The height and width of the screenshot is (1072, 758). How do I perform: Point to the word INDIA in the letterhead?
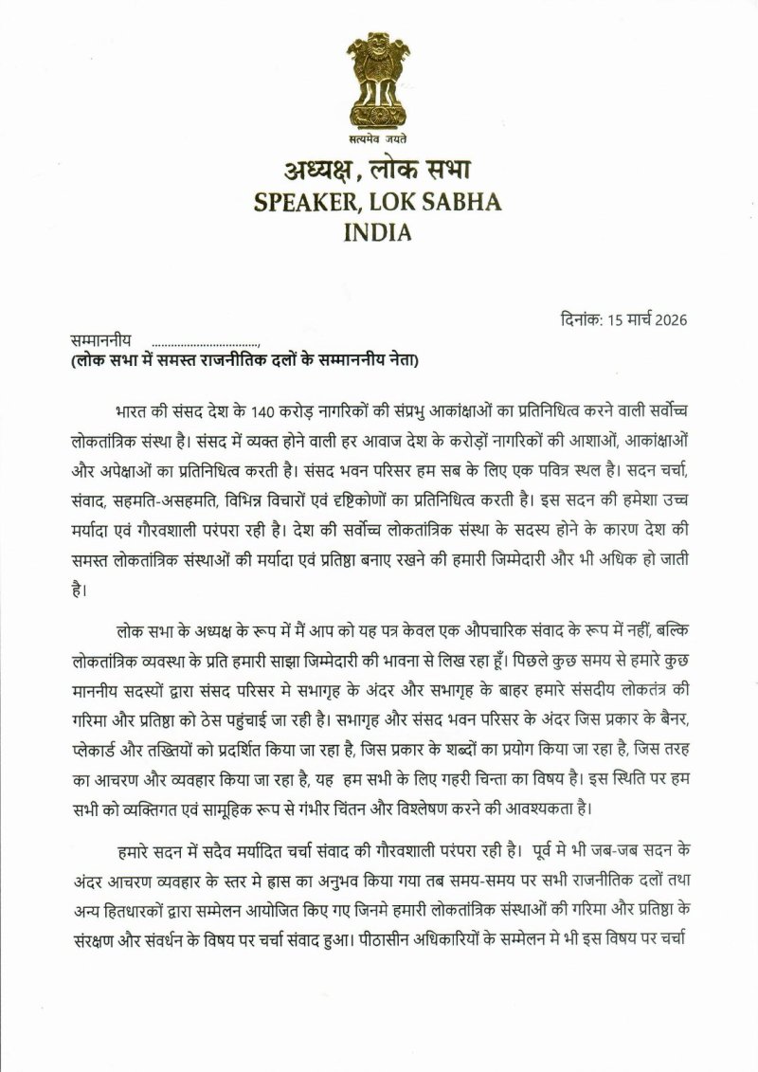(x=379, y=231)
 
